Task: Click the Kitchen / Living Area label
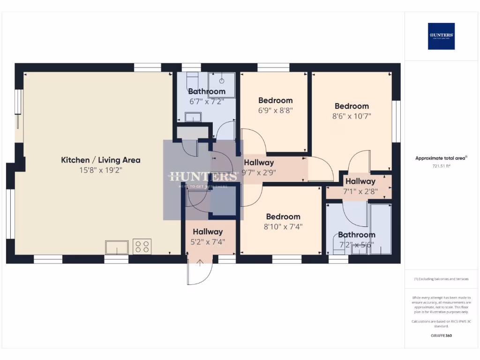coord(100,160)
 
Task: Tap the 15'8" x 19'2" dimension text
coord(100,171)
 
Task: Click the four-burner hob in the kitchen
coord(142,247)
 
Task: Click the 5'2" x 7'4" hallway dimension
coord(208,242)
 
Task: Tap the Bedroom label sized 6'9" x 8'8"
coord(275,100)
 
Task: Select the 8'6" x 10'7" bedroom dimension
coord(352,116)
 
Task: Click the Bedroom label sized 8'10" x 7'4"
coord(283,217)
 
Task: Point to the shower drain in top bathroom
coord(222,81)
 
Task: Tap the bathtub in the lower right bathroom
coord(380,229)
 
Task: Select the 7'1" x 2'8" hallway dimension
coord(360,191)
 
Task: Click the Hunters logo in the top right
coord(441,36)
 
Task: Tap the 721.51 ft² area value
coord(441,166)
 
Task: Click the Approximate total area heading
coord(441,158)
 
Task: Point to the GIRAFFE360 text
coord(441,336)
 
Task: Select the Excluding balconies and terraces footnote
coord(441,279)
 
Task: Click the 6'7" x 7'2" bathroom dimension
coord(207,101)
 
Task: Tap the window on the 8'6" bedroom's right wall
coord(397,121)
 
